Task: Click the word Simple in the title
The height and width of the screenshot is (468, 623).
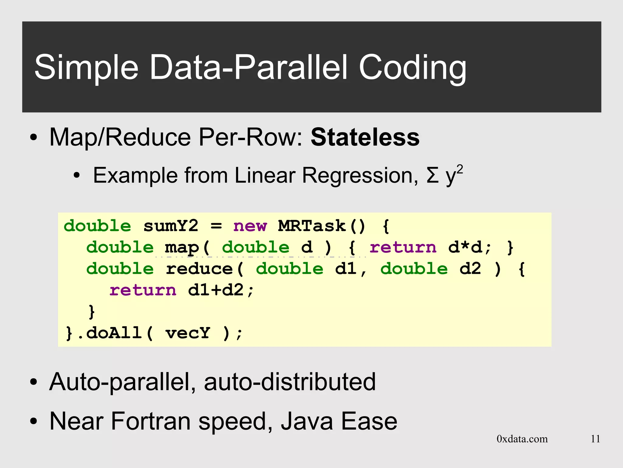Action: click(86, 68)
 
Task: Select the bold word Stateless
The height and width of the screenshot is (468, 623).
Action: click(365, 137)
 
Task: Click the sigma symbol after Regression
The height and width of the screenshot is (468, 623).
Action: click(433, 176)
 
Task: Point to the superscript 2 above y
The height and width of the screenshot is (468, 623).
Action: click(460, 169)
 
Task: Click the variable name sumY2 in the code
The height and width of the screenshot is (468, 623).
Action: click(171, 226)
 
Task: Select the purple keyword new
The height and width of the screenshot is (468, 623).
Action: click(250, 226)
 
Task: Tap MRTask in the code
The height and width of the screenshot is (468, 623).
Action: click(312, 226)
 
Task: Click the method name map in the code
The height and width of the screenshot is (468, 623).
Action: click(182, 248)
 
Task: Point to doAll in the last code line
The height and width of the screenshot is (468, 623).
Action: click(114, 333)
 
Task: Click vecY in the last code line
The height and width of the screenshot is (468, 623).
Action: click(188, 333)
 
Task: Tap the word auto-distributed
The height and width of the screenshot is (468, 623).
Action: click(290, 382)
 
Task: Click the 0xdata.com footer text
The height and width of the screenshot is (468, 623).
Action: click(522, 439)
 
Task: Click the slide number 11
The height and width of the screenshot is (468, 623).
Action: click(595, 439)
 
